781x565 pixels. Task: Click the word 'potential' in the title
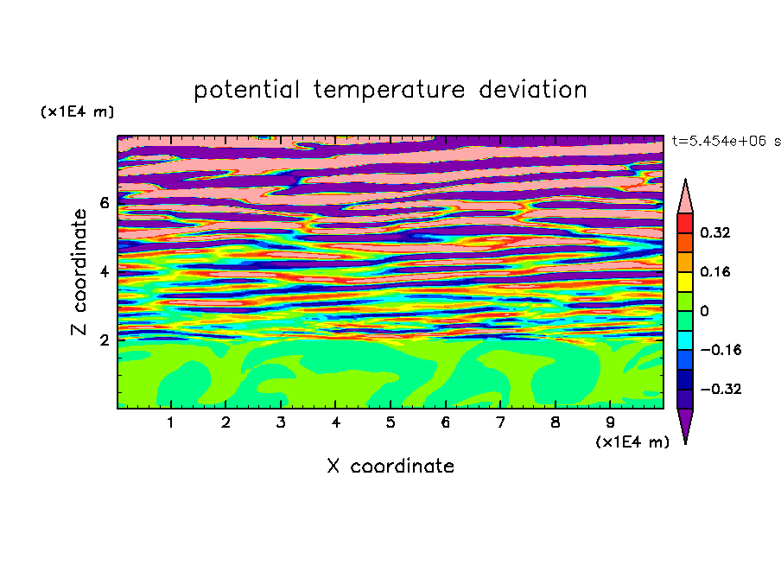(246, 91)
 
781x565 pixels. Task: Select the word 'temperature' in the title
(389, 90)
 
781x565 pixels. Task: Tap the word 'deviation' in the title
(533, 90)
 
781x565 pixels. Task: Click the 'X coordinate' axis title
(391, 466)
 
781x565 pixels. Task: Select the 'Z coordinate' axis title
(79, 272)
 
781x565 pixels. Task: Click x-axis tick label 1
(170, 422)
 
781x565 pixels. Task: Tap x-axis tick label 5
(390, 422)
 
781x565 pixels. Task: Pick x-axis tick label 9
(610, 422)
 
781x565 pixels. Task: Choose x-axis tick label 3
(281, 422)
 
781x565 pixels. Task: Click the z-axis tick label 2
(104, 340)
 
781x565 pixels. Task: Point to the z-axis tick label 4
(104, 272)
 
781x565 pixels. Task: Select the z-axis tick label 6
(104, 203)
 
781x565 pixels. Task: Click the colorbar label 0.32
(715, 232)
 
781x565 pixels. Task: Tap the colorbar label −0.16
(721, 350)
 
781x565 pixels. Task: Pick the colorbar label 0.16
(715, 271)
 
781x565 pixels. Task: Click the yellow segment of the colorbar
(685, 282)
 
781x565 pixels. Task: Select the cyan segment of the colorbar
(685, 340)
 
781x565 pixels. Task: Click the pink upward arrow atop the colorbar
(685, 197)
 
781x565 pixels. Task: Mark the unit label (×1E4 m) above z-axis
(77, 111)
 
